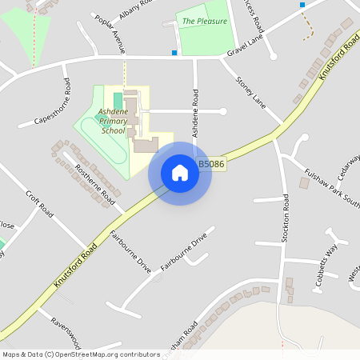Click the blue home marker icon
tap(180, 173)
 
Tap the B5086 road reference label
tap(210, 163)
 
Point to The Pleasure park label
tap(204, 22)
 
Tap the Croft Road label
tap(38, 204)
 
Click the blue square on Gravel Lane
tap(174, 53)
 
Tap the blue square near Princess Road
tap(302, 5)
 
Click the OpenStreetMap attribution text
tap(81, 354)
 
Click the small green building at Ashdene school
tap(118, 98)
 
